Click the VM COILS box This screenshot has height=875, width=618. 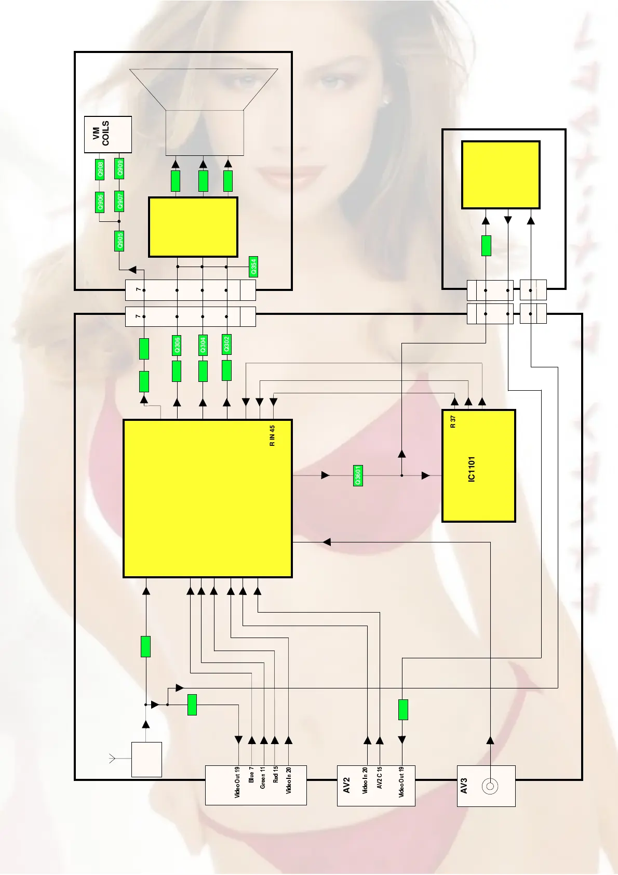(108, 134)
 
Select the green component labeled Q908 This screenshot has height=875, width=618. (101, 169)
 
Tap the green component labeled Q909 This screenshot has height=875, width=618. (120, 169)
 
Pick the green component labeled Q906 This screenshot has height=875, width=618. (101, 202)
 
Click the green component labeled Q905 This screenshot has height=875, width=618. (120, 241)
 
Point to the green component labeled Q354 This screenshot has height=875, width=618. (253, 267)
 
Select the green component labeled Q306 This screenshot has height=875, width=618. (177, 345)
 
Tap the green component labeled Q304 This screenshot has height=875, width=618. (203, 345)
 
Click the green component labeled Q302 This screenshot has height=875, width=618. (226, 344)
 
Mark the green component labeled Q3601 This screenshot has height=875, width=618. (358, 475)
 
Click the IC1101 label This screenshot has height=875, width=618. (472, 469)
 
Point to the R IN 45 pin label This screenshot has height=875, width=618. (272, 436)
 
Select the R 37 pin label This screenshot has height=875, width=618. (453, 421)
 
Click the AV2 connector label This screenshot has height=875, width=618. (347, 785)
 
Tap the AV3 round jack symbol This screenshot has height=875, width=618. (490, 787)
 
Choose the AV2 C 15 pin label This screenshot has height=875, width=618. (380, 778)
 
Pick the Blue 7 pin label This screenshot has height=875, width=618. (251, 775)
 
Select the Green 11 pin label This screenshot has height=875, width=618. (263, 777)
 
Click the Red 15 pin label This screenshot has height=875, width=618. (276, 775)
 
